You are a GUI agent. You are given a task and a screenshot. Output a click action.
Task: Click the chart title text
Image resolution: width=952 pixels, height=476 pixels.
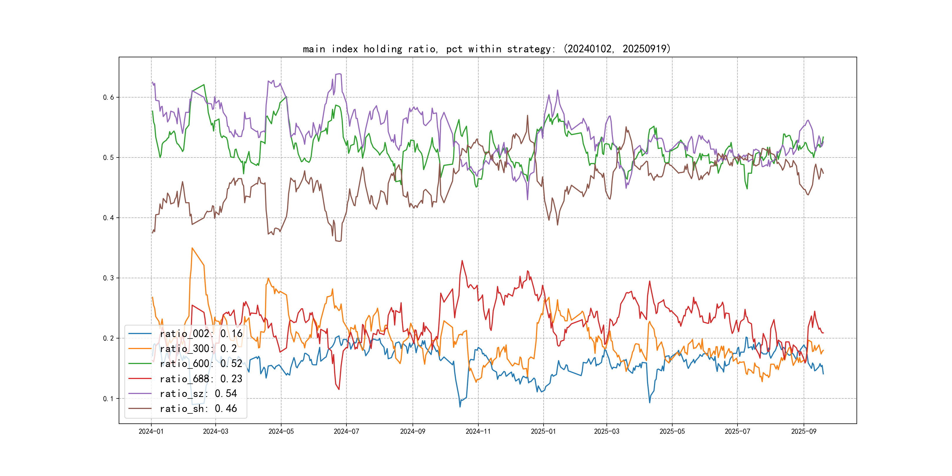click(486, 49)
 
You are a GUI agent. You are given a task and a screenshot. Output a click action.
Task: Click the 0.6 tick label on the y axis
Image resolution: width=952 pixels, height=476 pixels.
click(108, 97)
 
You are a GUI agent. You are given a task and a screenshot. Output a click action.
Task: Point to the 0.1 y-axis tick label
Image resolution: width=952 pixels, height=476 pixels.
click(108, 399)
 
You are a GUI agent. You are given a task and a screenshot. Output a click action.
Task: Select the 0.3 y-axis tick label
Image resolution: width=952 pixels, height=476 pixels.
click(108, 278)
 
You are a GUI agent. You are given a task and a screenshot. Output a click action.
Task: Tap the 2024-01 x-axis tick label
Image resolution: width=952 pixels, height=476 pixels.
click(151, 431)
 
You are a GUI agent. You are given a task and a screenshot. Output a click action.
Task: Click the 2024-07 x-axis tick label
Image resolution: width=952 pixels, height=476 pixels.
click(346, 431)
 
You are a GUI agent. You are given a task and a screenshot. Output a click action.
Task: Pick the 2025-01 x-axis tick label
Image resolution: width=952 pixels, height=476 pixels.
click(543, 431)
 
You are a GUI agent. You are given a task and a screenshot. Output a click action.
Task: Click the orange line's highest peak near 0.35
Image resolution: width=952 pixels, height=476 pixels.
click(192, 248)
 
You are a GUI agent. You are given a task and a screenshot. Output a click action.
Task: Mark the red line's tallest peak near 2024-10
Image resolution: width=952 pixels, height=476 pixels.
click(462, 261)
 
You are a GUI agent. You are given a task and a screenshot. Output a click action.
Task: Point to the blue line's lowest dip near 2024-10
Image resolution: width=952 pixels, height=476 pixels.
click(460, 407)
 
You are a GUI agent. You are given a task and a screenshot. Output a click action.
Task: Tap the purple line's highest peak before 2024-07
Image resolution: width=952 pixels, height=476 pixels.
click(339, 74)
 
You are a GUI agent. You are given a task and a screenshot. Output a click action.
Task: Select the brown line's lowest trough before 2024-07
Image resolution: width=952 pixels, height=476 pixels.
click(339, 241)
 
